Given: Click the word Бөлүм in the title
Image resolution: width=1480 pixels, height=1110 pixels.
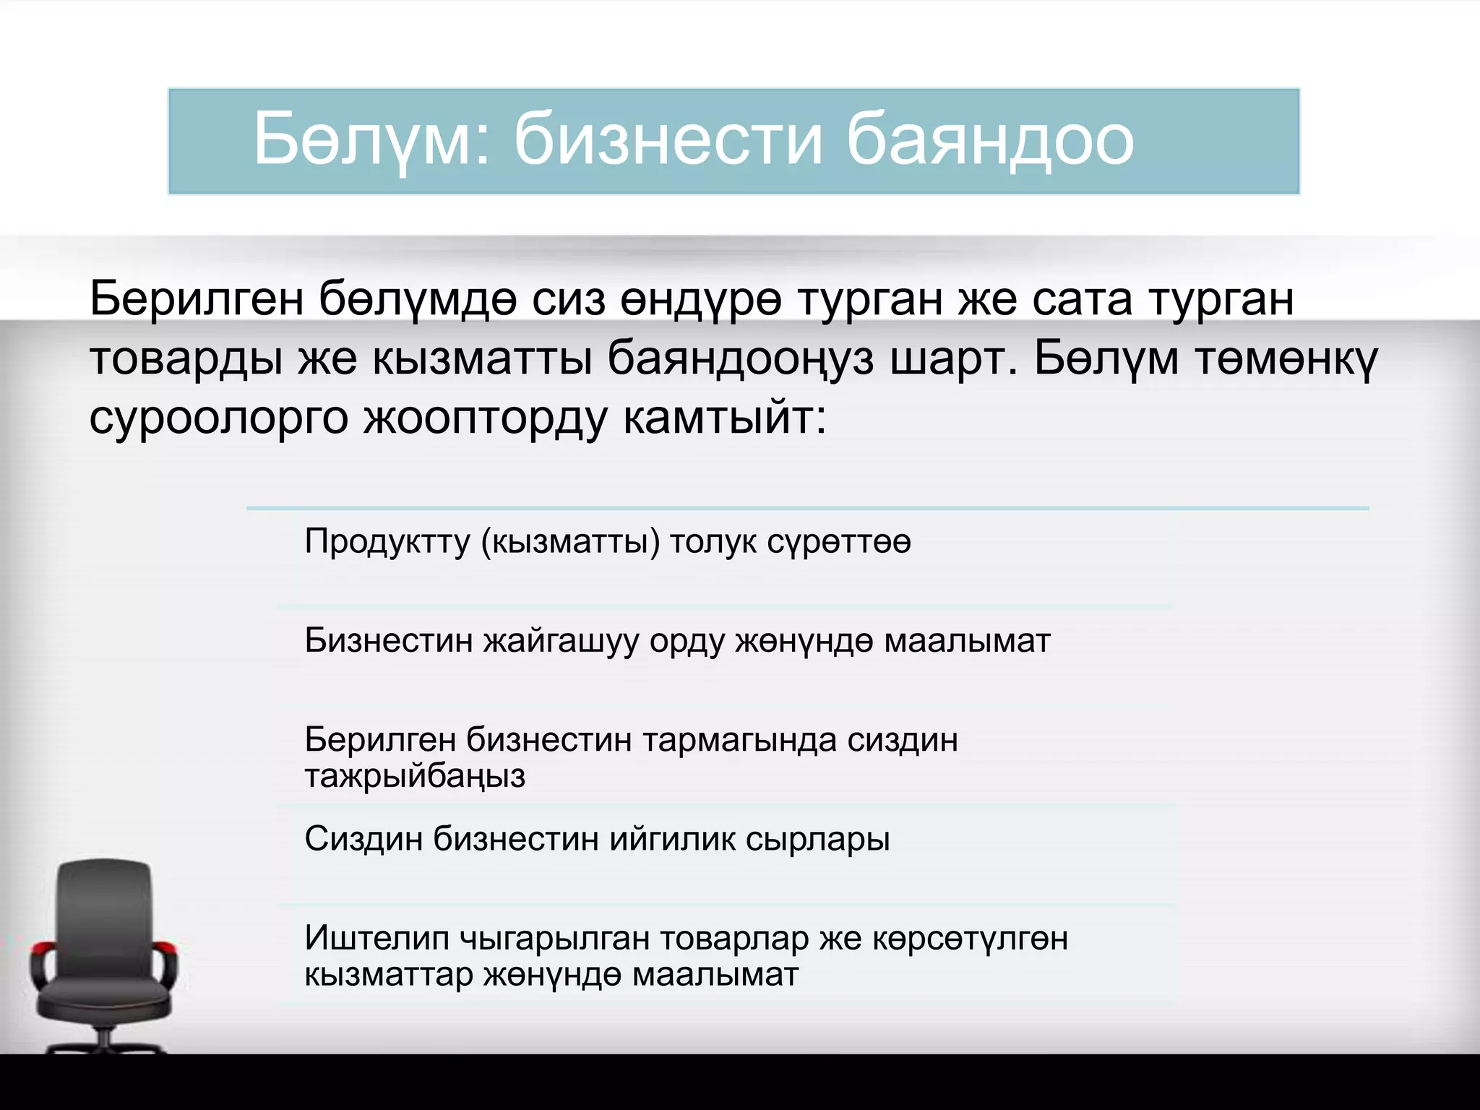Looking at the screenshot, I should (x=361, y=139).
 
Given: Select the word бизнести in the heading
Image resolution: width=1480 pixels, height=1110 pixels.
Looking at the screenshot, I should (x=668, y=139).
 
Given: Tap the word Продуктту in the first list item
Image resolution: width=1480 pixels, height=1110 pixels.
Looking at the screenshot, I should (x=387, y=541).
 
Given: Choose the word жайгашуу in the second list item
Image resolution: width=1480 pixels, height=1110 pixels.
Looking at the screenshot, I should (x=561, y=641).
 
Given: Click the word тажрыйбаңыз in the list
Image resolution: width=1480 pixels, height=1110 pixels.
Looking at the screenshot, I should (x=414, y=776).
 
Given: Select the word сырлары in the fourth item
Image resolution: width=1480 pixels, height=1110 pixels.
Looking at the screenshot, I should (x=817, y=840).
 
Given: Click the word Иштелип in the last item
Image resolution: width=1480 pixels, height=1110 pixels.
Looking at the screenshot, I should (x=376, y=938).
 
